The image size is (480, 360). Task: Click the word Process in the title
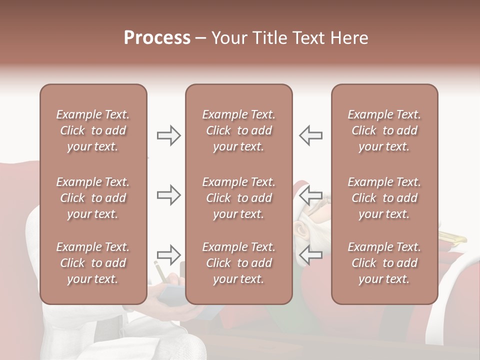tap(157, 38)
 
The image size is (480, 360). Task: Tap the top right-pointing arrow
tap(168, 135)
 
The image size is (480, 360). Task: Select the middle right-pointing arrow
tap(168, 195)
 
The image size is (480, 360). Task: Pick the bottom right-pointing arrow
tap(168, 254)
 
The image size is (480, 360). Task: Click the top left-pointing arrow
tap(311, 135)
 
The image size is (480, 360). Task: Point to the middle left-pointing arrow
tap(311, 195)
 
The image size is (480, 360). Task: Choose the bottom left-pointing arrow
tap(311, 254)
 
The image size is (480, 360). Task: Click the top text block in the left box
tap(93, 130)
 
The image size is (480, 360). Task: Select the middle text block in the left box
tap(93, 198)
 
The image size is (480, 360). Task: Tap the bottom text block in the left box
tap(93, 263)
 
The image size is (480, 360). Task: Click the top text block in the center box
tap(238, 130)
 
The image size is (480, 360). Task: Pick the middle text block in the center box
tap(238, 198)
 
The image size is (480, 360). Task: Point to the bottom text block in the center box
tap(238, 263)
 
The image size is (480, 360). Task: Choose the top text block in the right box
tap(384, 130)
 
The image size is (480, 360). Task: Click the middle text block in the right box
tap(384, 198)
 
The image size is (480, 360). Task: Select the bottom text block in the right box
tap(384, 263)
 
